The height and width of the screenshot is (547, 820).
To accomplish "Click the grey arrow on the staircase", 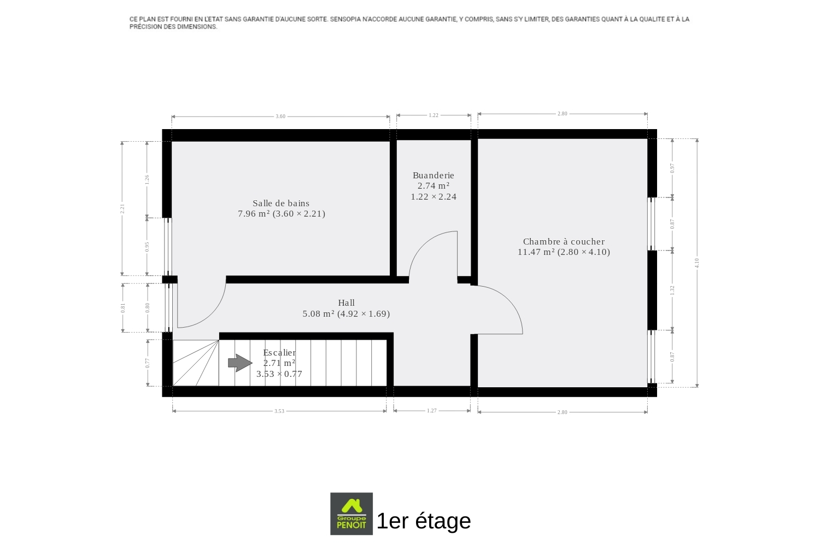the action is click(x=240, y=363).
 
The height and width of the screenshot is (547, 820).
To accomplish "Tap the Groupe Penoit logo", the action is click(x=352, y=514).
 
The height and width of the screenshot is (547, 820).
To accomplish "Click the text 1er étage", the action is click(x=424, y=521).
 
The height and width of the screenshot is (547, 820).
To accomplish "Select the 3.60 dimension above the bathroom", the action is click(x=280, y=117).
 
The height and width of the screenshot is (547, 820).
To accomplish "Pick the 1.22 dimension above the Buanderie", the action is click(x=434, y=115).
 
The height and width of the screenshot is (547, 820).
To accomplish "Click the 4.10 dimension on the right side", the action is click(x=696, y=263).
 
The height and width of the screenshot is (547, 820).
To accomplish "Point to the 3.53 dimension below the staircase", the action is click(x=279, y=411).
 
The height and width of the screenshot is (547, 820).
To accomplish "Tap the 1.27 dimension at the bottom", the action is click(x=432, y=411).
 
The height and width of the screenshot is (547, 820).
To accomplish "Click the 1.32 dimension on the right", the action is click(x=672, y=290).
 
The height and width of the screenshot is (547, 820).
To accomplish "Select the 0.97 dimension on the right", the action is click(x=672, y=168).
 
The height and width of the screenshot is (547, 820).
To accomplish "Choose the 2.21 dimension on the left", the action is click(x=122, y=208).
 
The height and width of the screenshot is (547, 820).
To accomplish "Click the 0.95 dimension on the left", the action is click(x=147, y=247).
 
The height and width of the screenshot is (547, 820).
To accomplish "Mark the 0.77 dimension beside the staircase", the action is click(x=148, y=363).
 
